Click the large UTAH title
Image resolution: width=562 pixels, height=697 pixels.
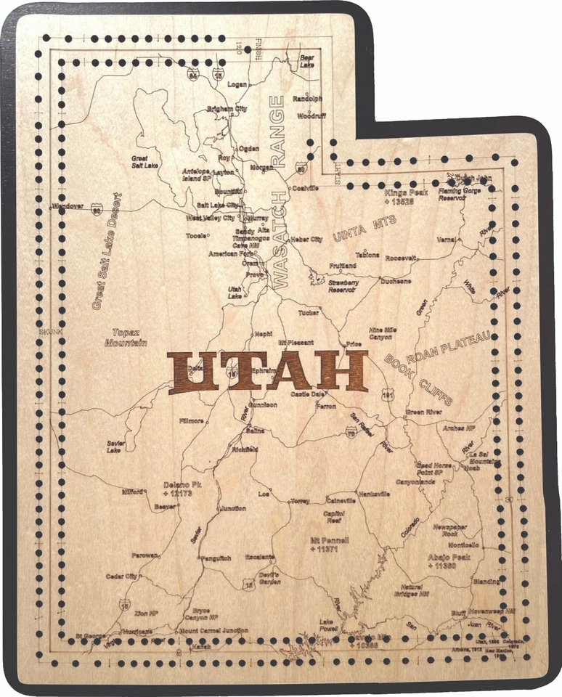[x=267, y=372]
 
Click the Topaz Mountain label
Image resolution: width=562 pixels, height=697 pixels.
[x=126, y=337]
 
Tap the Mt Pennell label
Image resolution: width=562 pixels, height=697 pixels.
[x=329, y=545]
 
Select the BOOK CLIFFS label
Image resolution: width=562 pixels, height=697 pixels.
[x=420, y=380]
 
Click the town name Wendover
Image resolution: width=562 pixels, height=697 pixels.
[x=68, y=206]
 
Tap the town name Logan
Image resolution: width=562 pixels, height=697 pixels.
[x=237, y=84]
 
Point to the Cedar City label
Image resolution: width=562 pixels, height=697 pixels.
[x=122, y=576]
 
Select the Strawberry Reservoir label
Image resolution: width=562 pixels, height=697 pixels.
[x=343, y=286]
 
